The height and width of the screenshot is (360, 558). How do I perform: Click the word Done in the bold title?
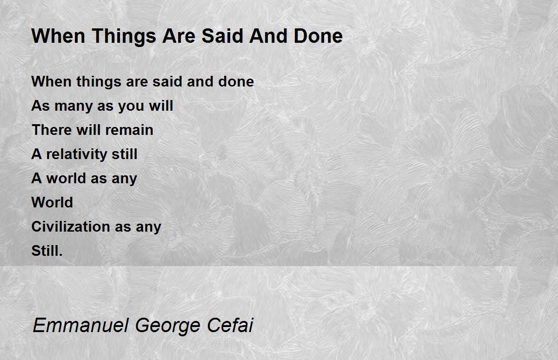tap(318, 36)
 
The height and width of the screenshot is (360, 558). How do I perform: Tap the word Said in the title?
tap(222, 36)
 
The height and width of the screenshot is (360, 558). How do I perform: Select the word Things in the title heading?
tap(124, 37)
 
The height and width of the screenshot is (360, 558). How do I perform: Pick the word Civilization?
tap(71, 227)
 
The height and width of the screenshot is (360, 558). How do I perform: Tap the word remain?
tap(129, 130)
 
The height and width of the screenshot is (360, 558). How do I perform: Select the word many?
tap(73, 107)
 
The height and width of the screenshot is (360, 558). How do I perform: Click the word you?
tap(131, 107)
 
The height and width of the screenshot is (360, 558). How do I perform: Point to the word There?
tap(52, 130)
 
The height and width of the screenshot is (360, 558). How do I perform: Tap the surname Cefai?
tap(230, 325)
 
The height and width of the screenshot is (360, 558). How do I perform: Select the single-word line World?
tap(52, 202)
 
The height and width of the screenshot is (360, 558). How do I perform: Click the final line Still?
tap(47, 251)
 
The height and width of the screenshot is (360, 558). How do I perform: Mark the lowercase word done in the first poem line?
tap(236, 81)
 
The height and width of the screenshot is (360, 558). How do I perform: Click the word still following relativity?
tap(124, 154)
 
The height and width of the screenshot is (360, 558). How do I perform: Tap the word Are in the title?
tap(179, 36)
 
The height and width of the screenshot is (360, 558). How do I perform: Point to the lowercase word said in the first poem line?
tap(167, 81)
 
